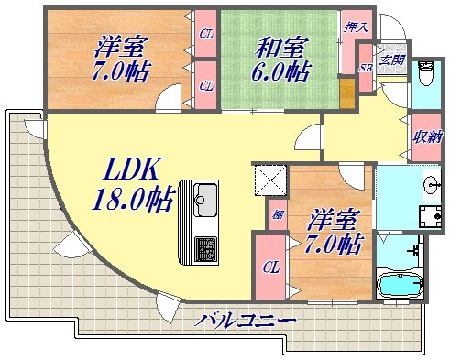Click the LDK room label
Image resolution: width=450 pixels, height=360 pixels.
point(134,169)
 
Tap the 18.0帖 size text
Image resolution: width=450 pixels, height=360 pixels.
point(133,198)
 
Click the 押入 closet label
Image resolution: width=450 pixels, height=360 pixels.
point(354,27)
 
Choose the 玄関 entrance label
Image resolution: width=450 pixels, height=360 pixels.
point(392,60)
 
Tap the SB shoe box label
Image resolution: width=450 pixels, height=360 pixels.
point(364,68)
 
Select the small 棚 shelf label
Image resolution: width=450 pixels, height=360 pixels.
point(276,215)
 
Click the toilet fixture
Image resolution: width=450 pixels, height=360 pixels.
point(425,77)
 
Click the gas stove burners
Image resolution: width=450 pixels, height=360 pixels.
point(204,246)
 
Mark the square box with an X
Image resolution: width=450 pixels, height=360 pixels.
point(271,180)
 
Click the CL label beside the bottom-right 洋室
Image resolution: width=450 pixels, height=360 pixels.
point(271,267)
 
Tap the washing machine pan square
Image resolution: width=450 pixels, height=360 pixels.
point(428,216)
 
